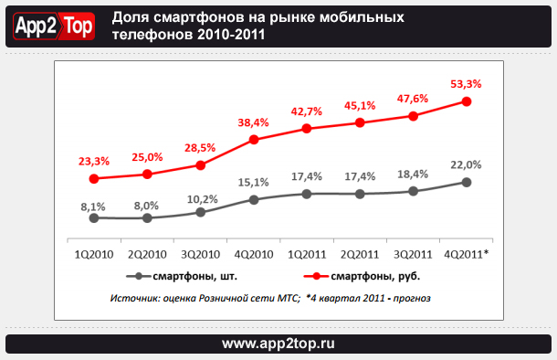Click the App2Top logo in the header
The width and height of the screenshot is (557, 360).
[53, 26]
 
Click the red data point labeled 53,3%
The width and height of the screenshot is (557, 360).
[467, 101]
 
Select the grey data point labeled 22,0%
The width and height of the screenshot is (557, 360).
[467, 182]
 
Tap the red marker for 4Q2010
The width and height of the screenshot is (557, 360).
[254, 140]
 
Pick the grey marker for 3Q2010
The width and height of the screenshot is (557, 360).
[201, 212]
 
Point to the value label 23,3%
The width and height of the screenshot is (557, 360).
[93, 161]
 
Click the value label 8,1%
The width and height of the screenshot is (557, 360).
[93, 206]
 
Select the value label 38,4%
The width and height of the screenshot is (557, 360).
[254, 122]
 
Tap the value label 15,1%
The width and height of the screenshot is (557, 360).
[254, 182]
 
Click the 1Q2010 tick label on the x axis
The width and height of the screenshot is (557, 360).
[93, 255]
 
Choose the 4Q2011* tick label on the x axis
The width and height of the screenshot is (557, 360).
[468, 255]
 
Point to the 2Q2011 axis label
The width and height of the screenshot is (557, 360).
[361, 255]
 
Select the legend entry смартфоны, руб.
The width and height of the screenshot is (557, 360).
[373, 275]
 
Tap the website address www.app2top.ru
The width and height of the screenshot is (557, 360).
[278, 344]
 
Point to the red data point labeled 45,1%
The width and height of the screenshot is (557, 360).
[361, 122]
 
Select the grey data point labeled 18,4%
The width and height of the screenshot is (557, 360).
[414, 191]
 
